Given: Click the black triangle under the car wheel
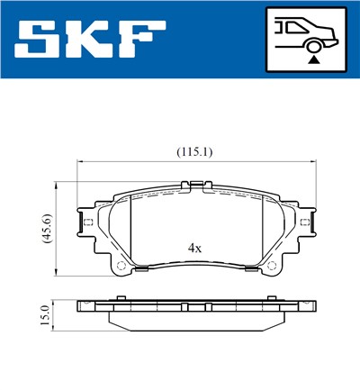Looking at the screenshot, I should point(313,59).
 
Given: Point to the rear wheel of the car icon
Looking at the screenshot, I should point(313,44).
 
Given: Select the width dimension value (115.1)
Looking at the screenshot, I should point(194,152).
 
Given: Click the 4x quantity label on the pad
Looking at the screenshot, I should point(193,246).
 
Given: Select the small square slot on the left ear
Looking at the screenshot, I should point(87,222).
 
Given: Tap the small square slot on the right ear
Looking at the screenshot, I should point(306,222).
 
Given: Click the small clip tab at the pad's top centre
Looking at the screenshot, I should point(195,186).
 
